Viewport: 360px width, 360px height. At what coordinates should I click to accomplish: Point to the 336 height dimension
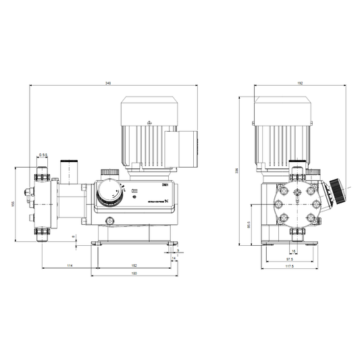(x=236, y=170)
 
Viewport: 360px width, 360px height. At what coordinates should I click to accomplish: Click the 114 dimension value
(x=69, y=265)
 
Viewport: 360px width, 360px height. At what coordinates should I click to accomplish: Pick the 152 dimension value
(x=133, y=265)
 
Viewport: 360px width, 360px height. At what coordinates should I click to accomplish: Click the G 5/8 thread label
(x=43, y=155)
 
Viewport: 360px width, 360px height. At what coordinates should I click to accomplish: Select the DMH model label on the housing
(x=164, y=184)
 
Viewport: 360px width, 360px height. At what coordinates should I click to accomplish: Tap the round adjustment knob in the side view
(x=109, y=195)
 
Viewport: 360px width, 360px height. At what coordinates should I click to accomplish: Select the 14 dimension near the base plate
(x=173, y=258)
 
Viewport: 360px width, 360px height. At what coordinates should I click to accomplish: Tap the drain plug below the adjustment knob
(x=111, y=218)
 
